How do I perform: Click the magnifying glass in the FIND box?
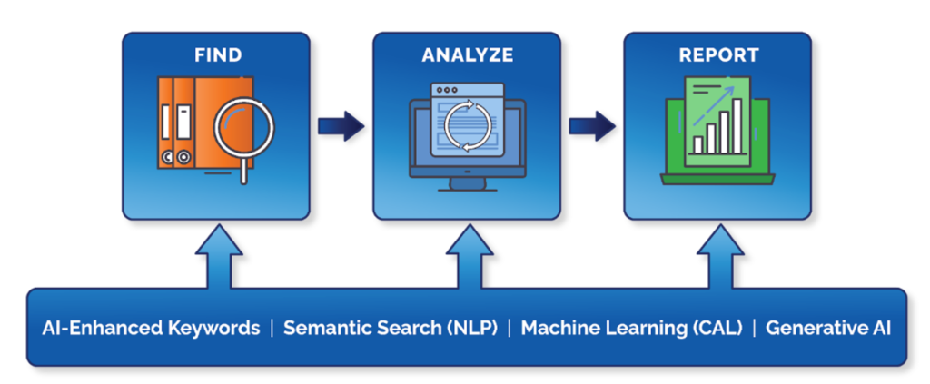244,133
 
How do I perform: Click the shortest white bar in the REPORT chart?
697,143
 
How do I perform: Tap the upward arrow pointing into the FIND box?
218,258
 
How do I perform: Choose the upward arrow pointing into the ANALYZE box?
469,258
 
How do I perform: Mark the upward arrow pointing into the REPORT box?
718,258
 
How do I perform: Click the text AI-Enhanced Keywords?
151,328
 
